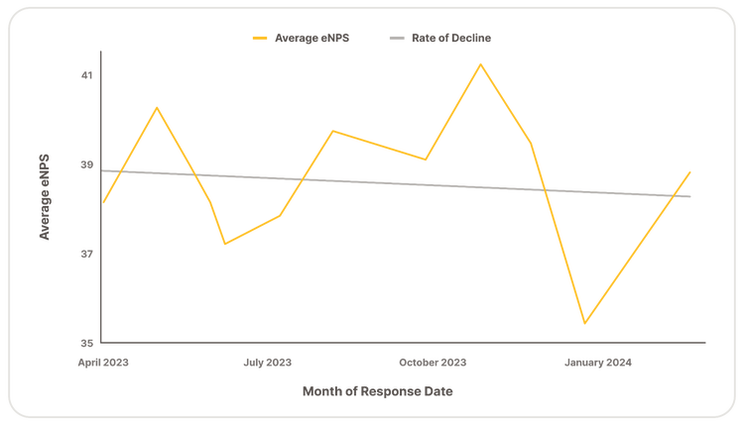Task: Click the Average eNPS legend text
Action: pos(310,38)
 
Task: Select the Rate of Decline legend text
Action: pos(451,38)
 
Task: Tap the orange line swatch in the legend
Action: pos(261,38)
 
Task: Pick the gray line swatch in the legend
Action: pos(397,38)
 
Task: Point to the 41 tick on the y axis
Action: pos(87,75)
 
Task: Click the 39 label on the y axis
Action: pos(87,164)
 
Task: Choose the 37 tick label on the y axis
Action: pos(87,254)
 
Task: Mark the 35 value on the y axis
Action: pos(87,343)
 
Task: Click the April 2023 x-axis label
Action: pos(103,364)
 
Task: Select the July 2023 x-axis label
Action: pos(267,364)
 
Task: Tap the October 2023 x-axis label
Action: pos(433,364)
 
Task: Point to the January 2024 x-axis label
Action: pos(597,364)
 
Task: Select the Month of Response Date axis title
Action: pos(377,392)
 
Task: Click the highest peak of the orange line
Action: pos(481,63)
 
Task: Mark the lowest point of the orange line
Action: pos(586,324)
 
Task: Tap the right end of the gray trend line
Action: pos(691,197)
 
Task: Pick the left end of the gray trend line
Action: pos(102,171)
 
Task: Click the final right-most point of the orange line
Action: pos(691,171)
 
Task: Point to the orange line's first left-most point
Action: pos(102,203)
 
